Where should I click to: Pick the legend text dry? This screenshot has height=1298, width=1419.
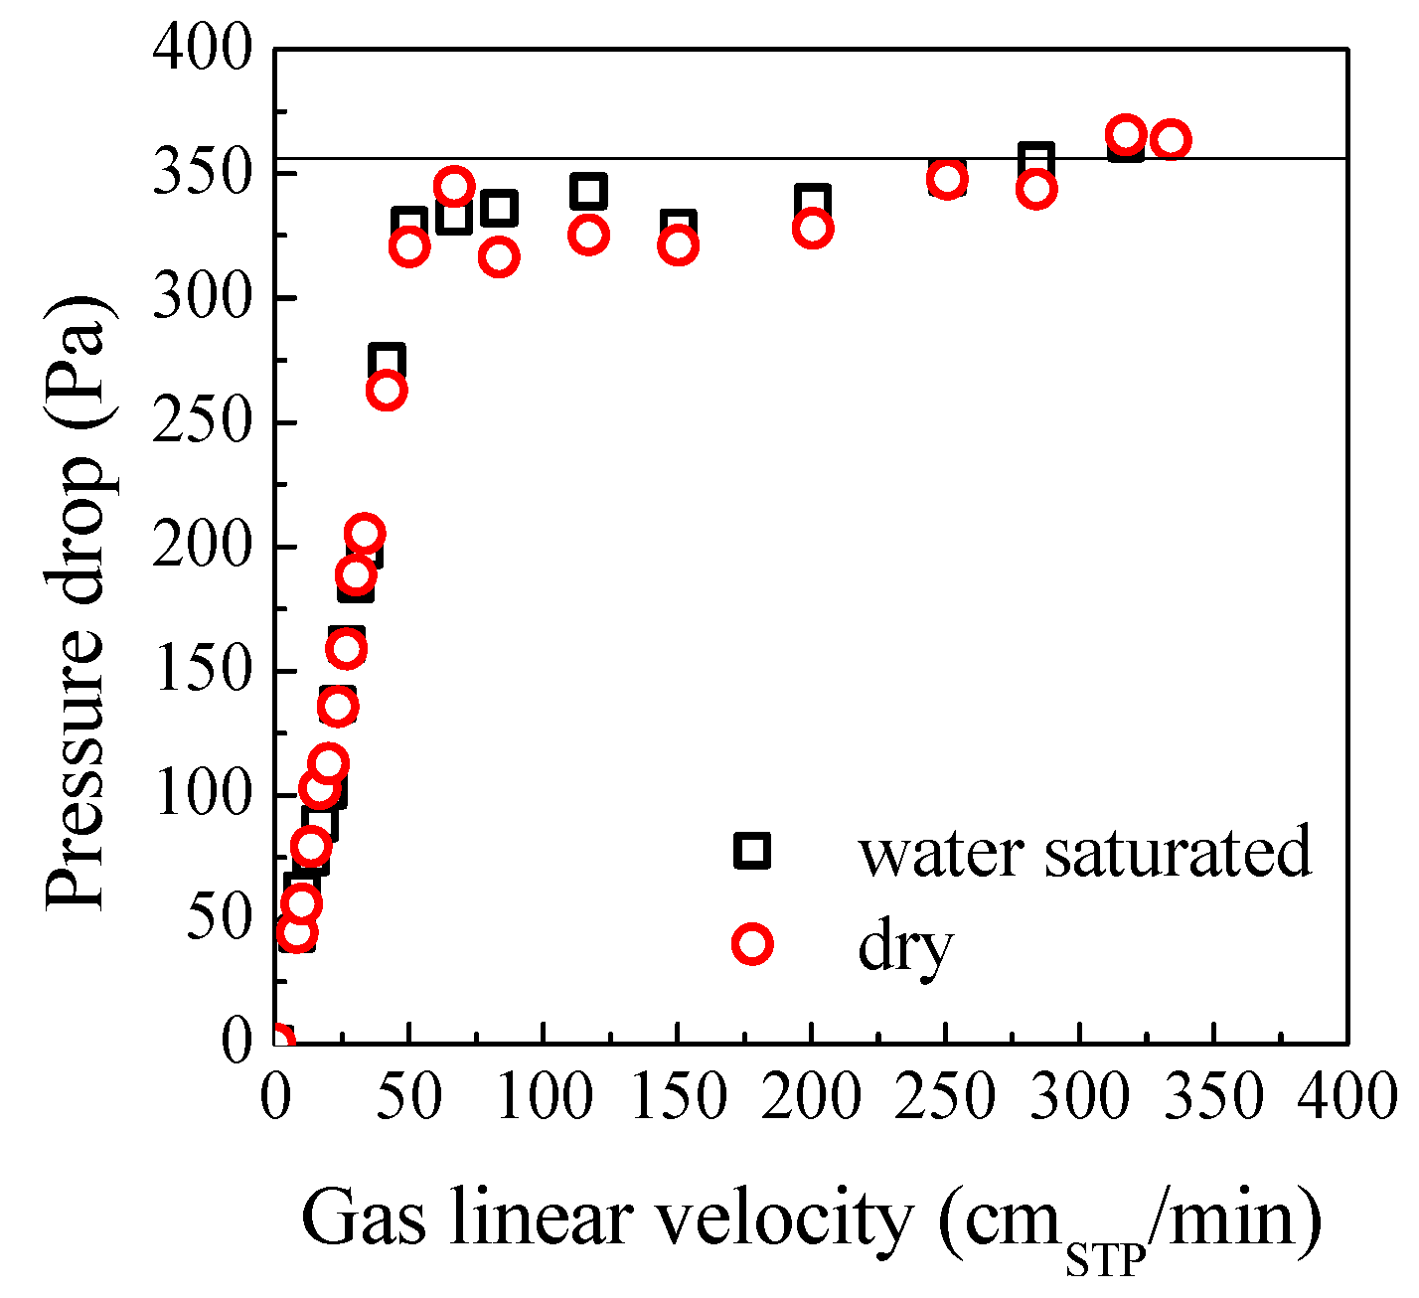pos(905,945)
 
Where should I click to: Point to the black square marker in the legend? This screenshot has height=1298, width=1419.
pos(752,851)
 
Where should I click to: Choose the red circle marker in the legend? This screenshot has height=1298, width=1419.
pos(752,943)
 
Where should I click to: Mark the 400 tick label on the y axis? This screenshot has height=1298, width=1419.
pos(203,50)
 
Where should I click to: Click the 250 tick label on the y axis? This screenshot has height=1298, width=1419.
pos(203,422)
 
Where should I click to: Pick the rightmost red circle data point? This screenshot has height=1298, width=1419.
pos(1172,139)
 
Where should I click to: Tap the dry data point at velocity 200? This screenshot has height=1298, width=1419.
pos(813,229)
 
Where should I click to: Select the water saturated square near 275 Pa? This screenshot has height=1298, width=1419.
pos(387,362)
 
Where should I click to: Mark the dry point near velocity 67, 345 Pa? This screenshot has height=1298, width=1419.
pos(455,186)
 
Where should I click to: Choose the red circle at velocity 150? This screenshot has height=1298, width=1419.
pos(679,244)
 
